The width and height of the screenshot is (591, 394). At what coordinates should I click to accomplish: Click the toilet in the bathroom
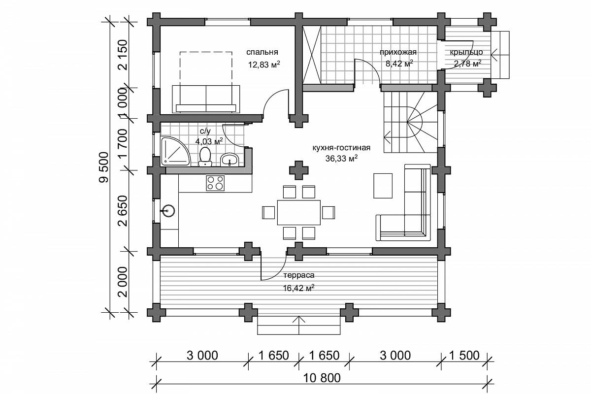pyautogui.click(x=205, y=157)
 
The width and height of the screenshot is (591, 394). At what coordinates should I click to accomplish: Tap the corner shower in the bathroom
pyautogui.click(x=174, y=151)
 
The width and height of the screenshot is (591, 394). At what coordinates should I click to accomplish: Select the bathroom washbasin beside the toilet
pyautogui.click(x=230, y=160)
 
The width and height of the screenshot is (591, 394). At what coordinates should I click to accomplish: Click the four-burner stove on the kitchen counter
pyautogui.click(x=215, y=183)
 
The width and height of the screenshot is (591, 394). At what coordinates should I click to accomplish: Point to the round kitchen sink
pyautogui.click(x=168, y=211)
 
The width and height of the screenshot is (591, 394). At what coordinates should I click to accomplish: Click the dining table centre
pyautogui.click(x=298, y=212)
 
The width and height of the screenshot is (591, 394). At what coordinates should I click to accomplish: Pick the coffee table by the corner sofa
pyautogui.click(x=383, y=186)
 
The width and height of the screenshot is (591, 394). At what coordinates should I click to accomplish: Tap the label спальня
pyautogui.click(x=262, y=52)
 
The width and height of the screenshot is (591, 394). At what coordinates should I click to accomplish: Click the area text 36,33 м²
pyautogui.click(x=341, y=159)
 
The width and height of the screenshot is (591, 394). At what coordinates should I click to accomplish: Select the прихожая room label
pyautogui.click(x=398, y=52)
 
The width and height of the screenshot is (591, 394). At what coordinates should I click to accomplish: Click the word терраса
pyautogui.click(x=298, y=275)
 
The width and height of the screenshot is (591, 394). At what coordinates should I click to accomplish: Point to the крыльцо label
pyautogui.click(x=466, y=52)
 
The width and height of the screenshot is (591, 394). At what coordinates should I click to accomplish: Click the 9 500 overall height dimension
pyautogui.click(x=104, y=167)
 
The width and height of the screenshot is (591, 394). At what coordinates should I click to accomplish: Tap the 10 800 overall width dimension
pyautogui.click(x=322, y=378)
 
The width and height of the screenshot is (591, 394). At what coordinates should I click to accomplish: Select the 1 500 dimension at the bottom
pyautogui.click(x=464, y=356)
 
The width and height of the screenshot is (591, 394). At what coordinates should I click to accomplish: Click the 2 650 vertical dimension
pyautogui.click(x=123, y=211)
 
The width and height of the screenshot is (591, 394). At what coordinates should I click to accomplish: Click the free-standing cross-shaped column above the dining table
pyautogui.click(x=298, y=170)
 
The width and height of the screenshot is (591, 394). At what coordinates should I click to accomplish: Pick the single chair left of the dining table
pyautogui.click(x=268, y=212)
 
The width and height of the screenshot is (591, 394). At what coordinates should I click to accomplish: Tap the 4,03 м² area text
pyautogui.click(x=209, y=141)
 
